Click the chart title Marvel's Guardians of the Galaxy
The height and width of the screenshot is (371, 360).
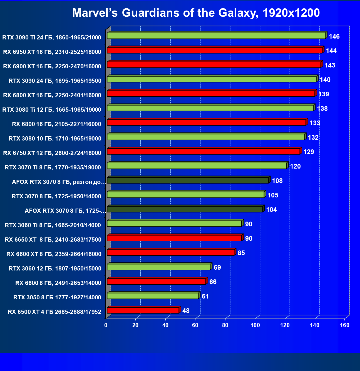pyautogui.click(x=196, y=13)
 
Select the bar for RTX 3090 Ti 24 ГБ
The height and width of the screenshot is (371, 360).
pyautogui.click(x=216, y=36)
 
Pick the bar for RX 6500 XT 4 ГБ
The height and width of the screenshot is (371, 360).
pyautogui.click(x=143, y=310)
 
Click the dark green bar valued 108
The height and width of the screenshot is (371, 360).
pyautogui.click(x=188, y=180)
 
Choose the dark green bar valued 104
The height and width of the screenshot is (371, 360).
pyautogui.click(x=185, y=209)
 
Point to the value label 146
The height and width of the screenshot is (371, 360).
pyautogui.click(x=334, y=36)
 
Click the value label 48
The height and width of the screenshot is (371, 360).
pyautogui.click(x=186, y=311)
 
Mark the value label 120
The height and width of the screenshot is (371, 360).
pyautogui.click(x=295, y=166)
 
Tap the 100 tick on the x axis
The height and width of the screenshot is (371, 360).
pyautogui.click(x=255, y=325)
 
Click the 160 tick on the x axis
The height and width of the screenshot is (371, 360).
pyautogui.click(x=345, y=325)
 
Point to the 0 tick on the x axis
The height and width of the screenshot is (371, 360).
pyautogui.click(x=106, y=325)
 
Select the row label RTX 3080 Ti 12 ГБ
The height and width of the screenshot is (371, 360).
pyautogui.click(x=52, y=110)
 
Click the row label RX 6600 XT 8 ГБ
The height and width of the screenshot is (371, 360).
pyautogui.click(x=54, y=254)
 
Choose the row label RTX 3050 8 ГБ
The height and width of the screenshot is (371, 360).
pyautogui.click(x=57, y=297)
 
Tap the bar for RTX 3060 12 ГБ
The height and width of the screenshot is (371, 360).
pyautogui.click(x=158, y=267)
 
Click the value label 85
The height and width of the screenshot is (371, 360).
pyautogui.click(x=241, y=253)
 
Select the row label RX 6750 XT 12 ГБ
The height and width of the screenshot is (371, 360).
pyautogui.click(x=52, y=153)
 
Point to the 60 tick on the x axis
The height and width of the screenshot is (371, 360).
pyautogui.click(x=195, y=325)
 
